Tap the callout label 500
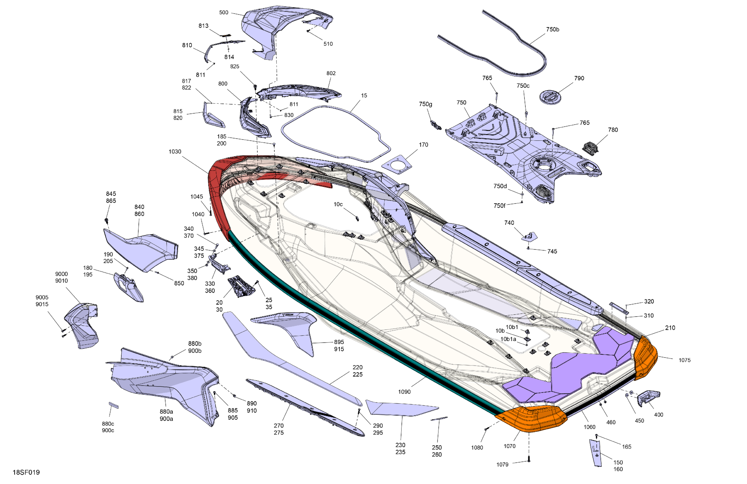[x=223, y=13]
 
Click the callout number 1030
[x=175, y=151]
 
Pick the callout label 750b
[x=552, y=30]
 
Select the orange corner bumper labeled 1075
[x=645, y=358]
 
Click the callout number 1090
[x=404, y=391]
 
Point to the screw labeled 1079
[x=529, y=460]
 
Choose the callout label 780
[x=613, y=130]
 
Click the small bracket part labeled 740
[x=530, y=237]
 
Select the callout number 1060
[x=589, y=426]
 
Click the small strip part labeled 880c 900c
[x=114, y=405]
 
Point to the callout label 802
[x=331, y=73]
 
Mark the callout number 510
[x=328, y=44]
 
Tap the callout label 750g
[x=425, y=104]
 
